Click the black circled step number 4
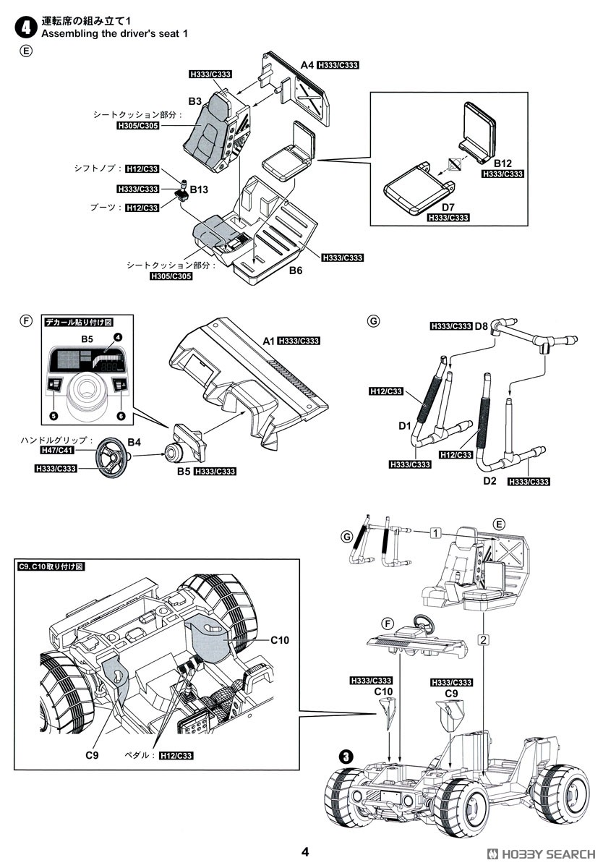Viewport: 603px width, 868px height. (25, 27)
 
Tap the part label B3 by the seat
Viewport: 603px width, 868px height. (195, 101)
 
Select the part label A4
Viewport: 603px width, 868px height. (307, 65)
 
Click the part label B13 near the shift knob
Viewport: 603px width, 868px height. (199, 190)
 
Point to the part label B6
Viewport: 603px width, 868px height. (296, 270)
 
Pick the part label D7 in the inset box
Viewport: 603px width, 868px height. (448, 208)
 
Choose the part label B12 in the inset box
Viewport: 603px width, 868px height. (502, 163)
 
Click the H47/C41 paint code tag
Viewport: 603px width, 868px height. (57, 450)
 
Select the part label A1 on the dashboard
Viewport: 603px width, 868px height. (268, 341)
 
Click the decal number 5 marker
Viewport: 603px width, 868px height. (54, 416)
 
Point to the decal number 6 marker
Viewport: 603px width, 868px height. (121, 416)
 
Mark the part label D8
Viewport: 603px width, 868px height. (481, 326)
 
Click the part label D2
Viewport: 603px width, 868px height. (489, 481)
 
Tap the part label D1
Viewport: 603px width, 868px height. (405, 426)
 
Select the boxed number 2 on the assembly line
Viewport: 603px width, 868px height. (483, 639)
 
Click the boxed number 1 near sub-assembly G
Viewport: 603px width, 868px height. (436, 534)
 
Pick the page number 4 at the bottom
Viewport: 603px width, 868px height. (305, 852)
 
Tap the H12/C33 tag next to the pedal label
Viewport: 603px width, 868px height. (176, 756)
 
